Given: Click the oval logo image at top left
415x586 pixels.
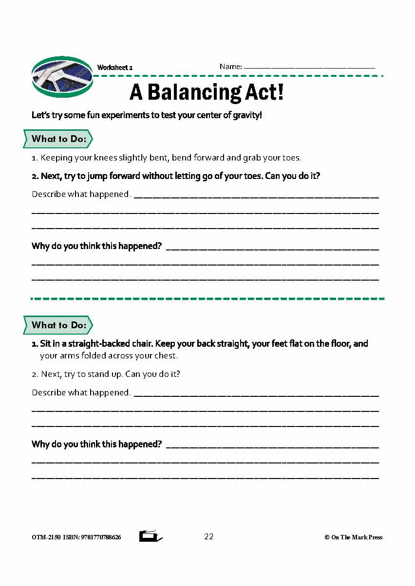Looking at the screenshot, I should pyautogui.click(x=62, y=77).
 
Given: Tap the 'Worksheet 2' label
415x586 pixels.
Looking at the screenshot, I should pyautogui.click(x=115, y=68).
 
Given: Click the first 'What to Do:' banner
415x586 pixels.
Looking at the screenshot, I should pyautogui.click(x=58, y=139).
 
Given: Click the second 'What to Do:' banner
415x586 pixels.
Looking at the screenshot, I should pyautogui.click(x=58, y=325).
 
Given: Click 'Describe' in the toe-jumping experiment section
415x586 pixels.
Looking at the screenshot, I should pyautogui.click(x=49, y=194).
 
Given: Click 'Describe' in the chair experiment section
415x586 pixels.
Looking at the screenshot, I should pyautogui.click(x=49, y=392).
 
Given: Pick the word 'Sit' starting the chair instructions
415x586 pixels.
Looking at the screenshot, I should pyautogui.click(x=46, y=344).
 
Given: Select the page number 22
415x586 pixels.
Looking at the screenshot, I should pyautogui.click(x=208, y=536).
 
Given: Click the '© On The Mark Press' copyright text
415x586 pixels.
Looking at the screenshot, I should pyautogui.click(x=353, y=537).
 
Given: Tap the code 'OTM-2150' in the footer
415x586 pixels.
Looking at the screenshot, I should pyautogui.click(x=46, y=537).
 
